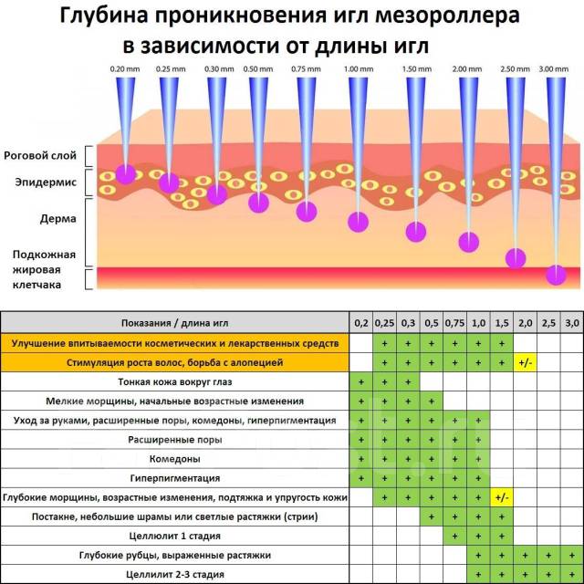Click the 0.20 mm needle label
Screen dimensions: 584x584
click(125, 69)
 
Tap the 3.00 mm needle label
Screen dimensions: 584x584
click(554, 69)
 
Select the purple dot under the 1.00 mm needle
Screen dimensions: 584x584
click(359, 222)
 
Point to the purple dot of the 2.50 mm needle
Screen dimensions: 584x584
click(516, 258)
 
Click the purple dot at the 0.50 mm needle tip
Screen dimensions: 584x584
click(258, 203)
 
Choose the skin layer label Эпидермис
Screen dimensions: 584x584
click(46, 182)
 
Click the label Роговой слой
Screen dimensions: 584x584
click(40, 155)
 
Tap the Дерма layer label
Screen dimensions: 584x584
click(58, 219)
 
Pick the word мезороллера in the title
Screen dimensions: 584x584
click(447, 16)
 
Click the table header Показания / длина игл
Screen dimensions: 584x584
click(174, 323)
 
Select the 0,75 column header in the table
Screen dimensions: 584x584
click(454, 323)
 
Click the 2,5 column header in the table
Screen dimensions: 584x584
click(548, 323)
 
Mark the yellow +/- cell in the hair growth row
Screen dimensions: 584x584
click(526, 362)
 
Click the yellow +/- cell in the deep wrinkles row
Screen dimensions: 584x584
click(502, 497)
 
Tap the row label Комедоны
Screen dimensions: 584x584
click(174, 459)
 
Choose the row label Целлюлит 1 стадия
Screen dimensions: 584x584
click(174, 536)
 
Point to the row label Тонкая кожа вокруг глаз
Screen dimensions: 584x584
click(174, 381)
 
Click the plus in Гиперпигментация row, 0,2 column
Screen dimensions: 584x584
click(361, 478)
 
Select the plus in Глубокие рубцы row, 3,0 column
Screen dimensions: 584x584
click(572, 556)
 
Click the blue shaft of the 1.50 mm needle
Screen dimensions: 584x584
click(416, 149)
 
